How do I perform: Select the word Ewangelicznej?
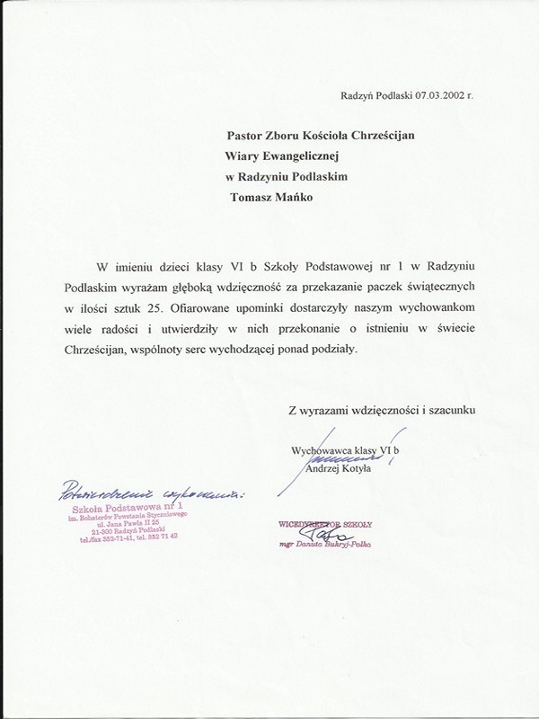click(293, 155)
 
